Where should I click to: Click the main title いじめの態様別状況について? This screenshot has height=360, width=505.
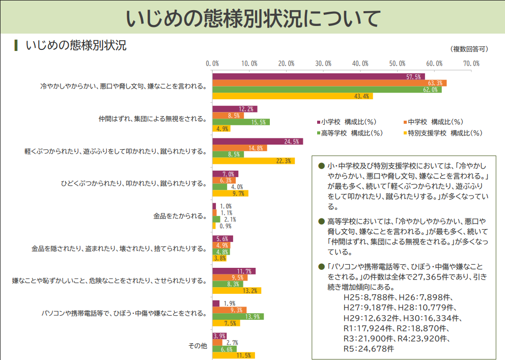pyautogui.click(x=252, y=19)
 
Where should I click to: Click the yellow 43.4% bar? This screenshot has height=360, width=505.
pyautogui.click(x=292, y=96)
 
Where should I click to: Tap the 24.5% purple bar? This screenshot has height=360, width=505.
pyautogui.click(x=257, y=142)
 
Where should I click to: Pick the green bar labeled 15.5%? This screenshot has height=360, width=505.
pyautogui.click(x=241, y=122)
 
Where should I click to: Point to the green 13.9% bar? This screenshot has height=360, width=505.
pyautogui.click(x=238, y=317)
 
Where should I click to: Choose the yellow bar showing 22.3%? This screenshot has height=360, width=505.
pyautogui.click(x=253, y=161)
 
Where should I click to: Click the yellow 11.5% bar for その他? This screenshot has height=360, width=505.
pyautogui.click(x=233, y=355)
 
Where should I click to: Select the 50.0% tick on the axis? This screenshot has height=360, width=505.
pyautogui.click(x=398, y=64)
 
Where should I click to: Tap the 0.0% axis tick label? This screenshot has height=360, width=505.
pyautogui.click(x=212, y=64)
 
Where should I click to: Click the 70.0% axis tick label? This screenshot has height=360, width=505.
pyautogui.click(x=471, y=64)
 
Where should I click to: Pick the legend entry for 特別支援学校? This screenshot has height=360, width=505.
pyautogui.click(x=442, y=133)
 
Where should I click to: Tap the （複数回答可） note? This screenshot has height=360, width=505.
pyautogui.click(x=469, y=49)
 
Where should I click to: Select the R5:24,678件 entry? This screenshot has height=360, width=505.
pyautogui.click(x=369, y=349)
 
